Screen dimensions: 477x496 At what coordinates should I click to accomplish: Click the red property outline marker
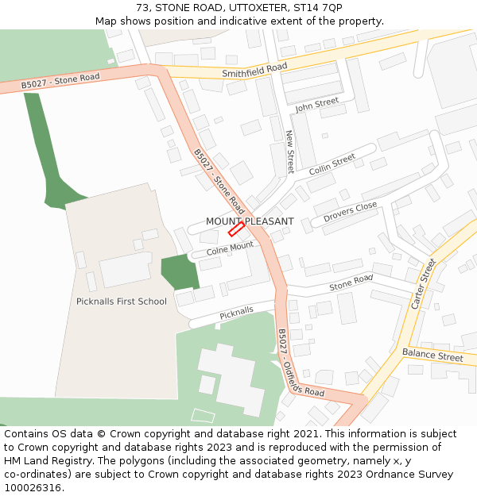tap(236, 229)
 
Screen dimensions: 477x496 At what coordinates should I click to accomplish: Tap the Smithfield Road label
tap(254, 69)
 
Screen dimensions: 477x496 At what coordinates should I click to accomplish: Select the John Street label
tap(316, 104)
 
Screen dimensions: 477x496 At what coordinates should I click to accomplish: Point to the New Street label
tap(289, 152)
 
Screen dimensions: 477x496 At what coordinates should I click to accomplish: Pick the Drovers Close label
tap(350, 211)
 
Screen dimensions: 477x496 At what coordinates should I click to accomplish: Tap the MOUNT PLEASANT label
tap(250, 221)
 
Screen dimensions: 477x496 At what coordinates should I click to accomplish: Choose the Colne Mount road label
tap(230, 248)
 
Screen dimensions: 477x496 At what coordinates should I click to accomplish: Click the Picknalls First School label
tap(122, 302)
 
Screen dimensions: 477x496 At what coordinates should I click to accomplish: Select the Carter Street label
tap(423, 283)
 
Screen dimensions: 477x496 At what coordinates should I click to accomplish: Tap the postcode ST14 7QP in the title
tap(318, 7)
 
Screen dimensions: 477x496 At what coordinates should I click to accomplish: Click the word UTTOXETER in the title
tap(250, 7)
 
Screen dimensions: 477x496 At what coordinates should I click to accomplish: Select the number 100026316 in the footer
tap(33, 488)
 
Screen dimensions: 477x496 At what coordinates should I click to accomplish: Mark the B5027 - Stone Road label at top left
tap(60, 80)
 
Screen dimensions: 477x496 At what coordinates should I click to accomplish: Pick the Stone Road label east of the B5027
tap(351, 282)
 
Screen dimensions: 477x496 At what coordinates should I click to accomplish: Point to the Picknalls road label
tap(236, 313)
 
